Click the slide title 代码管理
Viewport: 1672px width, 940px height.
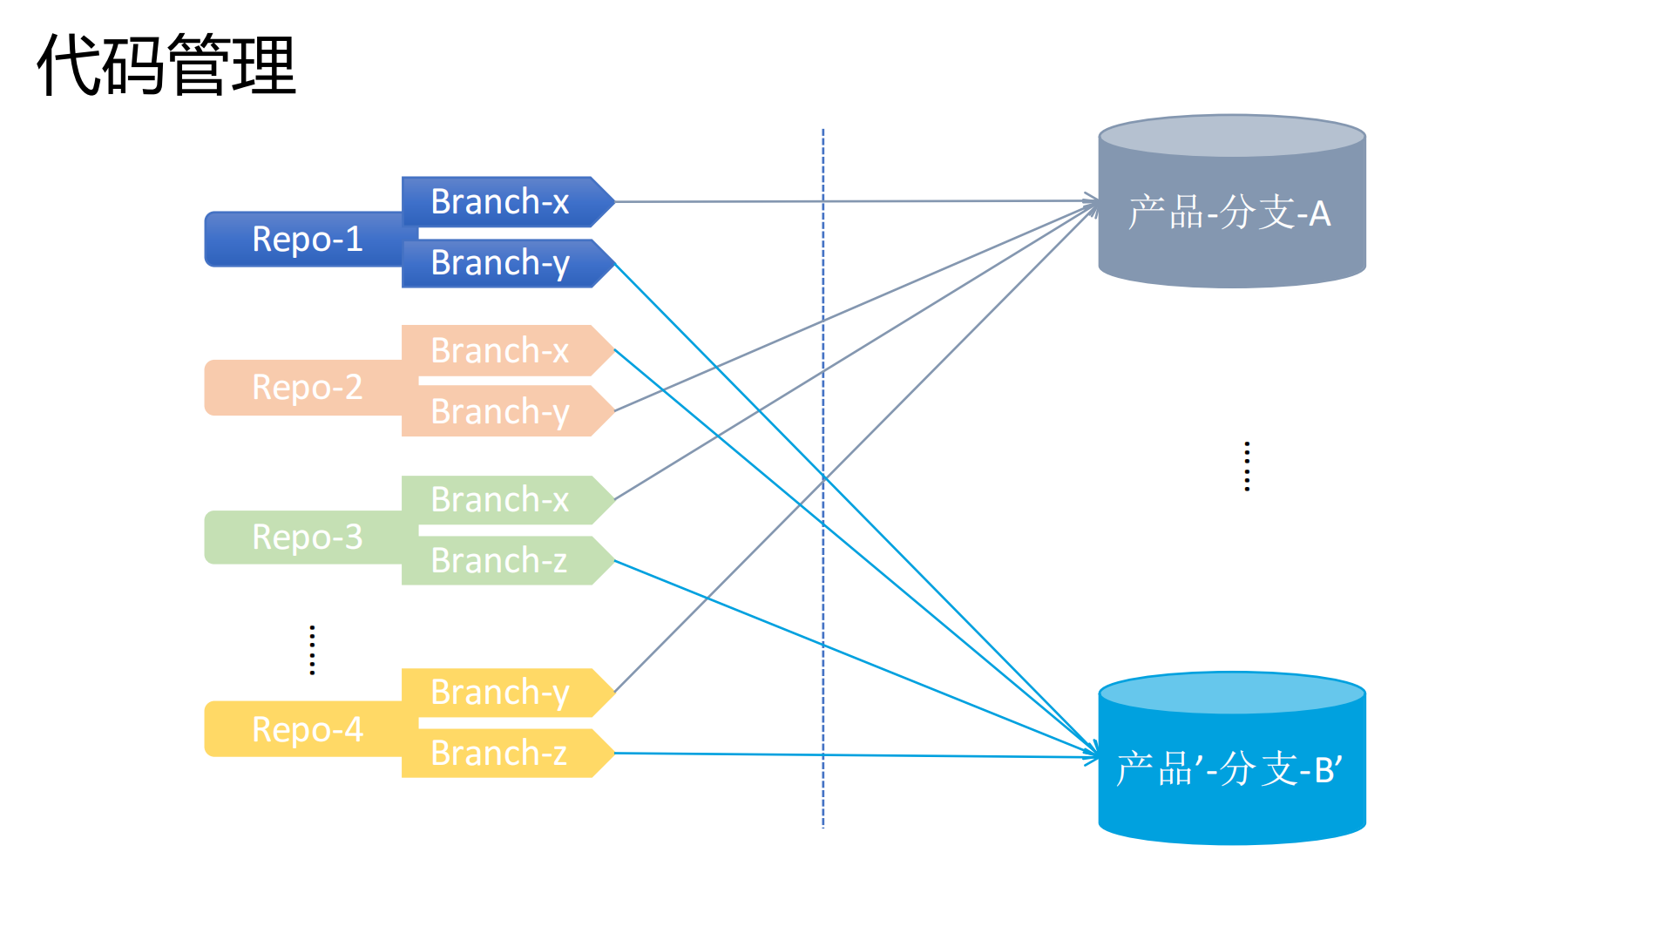click(x=166, y=64)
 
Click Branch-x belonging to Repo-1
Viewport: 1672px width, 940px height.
click(x=501, y=201)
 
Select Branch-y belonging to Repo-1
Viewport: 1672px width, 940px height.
click(x=501, y=262)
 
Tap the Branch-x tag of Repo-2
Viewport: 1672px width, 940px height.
click(x=501, y=350)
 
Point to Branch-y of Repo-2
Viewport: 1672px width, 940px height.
click(x=501, y=411)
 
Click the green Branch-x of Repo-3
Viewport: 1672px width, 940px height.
click(x=501, y=499)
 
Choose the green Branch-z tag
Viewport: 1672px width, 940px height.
click(x=501, y=560)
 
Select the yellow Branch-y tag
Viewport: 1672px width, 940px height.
click(x=501, y=692)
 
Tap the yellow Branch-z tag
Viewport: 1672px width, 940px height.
click(x=501, y=753)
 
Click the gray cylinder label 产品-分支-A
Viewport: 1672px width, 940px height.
click(x=1229, y=213)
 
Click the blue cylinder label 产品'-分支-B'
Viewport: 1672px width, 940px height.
click(x=1229, y=769)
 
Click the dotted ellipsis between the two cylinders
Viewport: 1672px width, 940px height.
click(x=1247, y=466)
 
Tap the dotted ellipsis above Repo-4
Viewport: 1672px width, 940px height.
click(x=312, y=650)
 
